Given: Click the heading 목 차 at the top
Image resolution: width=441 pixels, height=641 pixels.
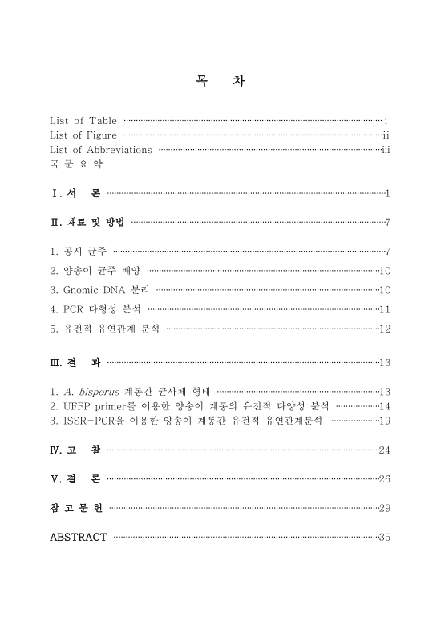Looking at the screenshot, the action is pos(220,81).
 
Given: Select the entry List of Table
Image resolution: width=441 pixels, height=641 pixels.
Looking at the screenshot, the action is pos(83,121).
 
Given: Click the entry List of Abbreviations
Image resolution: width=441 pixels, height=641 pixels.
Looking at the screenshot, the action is pos(101,149).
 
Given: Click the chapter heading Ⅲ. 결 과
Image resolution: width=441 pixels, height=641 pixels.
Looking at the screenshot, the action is pos(75,362).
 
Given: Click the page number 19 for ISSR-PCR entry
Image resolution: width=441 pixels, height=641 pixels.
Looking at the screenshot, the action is pos(384,421).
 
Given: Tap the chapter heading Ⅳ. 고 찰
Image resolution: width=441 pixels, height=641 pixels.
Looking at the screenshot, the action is pos(75,450).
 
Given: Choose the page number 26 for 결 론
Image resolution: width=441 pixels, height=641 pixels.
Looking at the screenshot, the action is pos(384,479).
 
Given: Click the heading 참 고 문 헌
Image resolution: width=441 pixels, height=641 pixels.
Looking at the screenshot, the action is pos(76,508).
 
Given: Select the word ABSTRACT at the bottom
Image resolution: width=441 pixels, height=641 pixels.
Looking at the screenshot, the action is pos(78,537).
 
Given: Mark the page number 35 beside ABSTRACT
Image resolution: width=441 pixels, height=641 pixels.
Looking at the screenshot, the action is pos(384,537).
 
